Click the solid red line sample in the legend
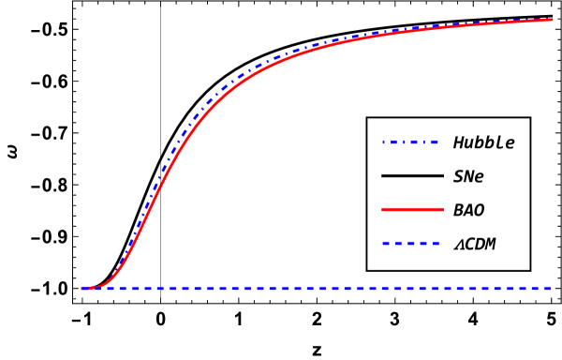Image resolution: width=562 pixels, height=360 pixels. point(412,209)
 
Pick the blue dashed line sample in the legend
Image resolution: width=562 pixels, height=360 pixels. point(411,243)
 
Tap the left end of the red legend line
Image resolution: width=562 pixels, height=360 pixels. point(382,209)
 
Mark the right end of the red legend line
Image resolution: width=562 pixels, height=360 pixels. point(443,209)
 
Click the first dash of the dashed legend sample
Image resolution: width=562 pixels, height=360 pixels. point(386,243)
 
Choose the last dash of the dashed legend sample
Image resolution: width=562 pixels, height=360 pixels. point(436,243)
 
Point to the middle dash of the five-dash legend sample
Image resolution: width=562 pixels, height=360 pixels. point(411,243)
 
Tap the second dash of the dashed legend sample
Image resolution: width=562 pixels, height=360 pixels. point(398,243)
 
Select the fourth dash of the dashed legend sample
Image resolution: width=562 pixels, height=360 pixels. point(423,243)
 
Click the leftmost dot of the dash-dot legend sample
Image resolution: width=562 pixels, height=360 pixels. point(383,142)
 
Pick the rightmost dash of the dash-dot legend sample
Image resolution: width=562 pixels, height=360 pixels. point(435,142)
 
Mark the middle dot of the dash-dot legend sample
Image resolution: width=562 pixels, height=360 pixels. point(404,142)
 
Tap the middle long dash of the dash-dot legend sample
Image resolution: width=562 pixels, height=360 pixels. point(414,142)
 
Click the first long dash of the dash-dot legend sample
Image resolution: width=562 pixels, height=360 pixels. point(393,142)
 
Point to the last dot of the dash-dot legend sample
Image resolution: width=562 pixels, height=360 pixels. point(424,142)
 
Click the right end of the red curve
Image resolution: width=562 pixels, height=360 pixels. point(553,19)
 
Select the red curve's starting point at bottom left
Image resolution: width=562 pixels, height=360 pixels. point(82,288)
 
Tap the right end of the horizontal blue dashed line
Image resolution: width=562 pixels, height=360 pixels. point(550,288)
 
